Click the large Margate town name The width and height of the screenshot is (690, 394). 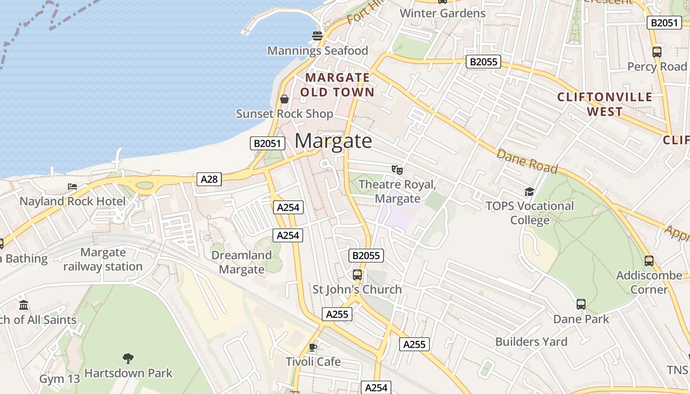333,141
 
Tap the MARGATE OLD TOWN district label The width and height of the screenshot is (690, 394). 338,85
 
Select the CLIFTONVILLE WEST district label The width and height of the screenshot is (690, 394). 605,104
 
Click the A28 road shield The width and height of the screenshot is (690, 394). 209,179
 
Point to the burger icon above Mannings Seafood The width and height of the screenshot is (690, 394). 317,35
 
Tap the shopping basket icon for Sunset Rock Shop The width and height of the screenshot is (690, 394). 284,99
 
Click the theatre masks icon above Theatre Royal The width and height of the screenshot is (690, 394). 397,170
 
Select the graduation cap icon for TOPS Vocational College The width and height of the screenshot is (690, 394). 529,192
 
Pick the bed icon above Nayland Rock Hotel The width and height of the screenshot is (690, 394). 72,187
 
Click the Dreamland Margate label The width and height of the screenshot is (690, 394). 241,262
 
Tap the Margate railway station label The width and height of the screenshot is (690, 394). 103,260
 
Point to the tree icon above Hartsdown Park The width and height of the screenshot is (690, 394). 128,358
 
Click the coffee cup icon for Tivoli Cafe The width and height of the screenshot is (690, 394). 312,347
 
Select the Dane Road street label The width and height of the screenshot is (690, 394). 527,162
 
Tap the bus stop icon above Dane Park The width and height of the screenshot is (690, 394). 581,304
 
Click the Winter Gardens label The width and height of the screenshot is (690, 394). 443,13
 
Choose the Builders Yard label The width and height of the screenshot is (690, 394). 531,342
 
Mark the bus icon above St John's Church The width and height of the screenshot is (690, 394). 357,275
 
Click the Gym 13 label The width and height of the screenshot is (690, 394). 59,379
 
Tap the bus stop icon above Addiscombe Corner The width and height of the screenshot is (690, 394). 649,261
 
